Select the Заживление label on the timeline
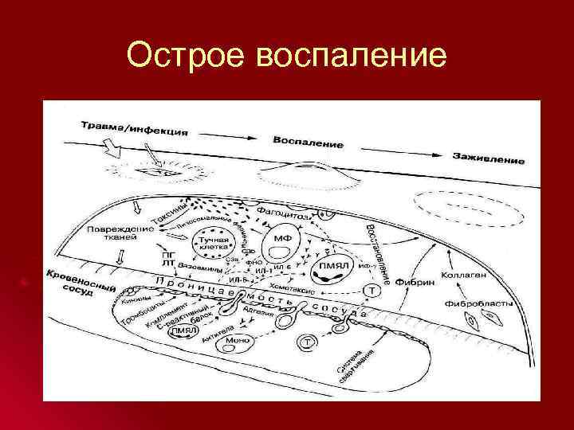tap(488, 158)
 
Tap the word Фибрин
tap(413, 279)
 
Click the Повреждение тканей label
tap(116, 233)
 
